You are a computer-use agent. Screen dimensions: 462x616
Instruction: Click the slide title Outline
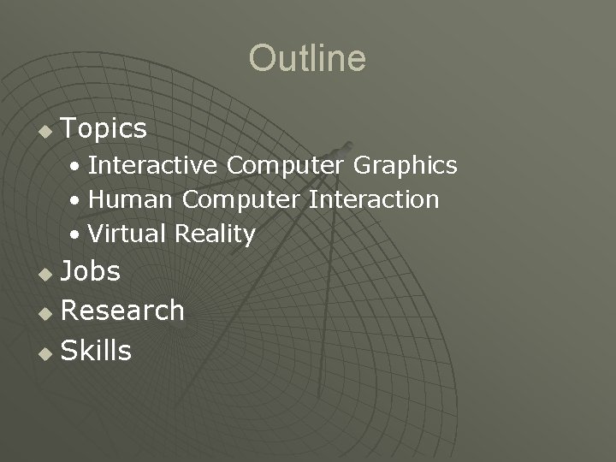pyautogui.click(x=307, y=59)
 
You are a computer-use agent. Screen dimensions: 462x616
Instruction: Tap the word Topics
pyautogui.click(x=104, y=129)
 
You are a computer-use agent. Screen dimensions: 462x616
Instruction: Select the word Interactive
pyautogui.click(x=154, y=165)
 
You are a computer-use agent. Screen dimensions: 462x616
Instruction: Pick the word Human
pyautogui.click(x=132, y=200)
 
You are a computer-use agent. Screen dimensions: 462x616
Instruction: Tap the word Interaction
pyautogui.click(x=374, y=200)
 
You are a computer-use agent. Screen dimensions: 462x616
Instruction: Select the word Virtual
pyautogui.click(x=127, y=234)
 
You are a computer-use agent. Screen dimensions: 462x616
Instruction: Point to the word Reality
pyautogui.click(x=215, y=234)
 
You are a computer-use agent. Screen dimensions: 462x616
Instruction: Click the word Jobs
pyautogui.click(x=91, y=271)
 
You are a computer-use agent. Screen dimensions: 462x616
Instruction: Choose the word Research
pyautogui.click(x=123, y=311)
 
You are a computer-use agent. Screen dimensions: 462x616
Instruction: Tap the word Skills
pyautogui.click(x=97, y=351)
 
